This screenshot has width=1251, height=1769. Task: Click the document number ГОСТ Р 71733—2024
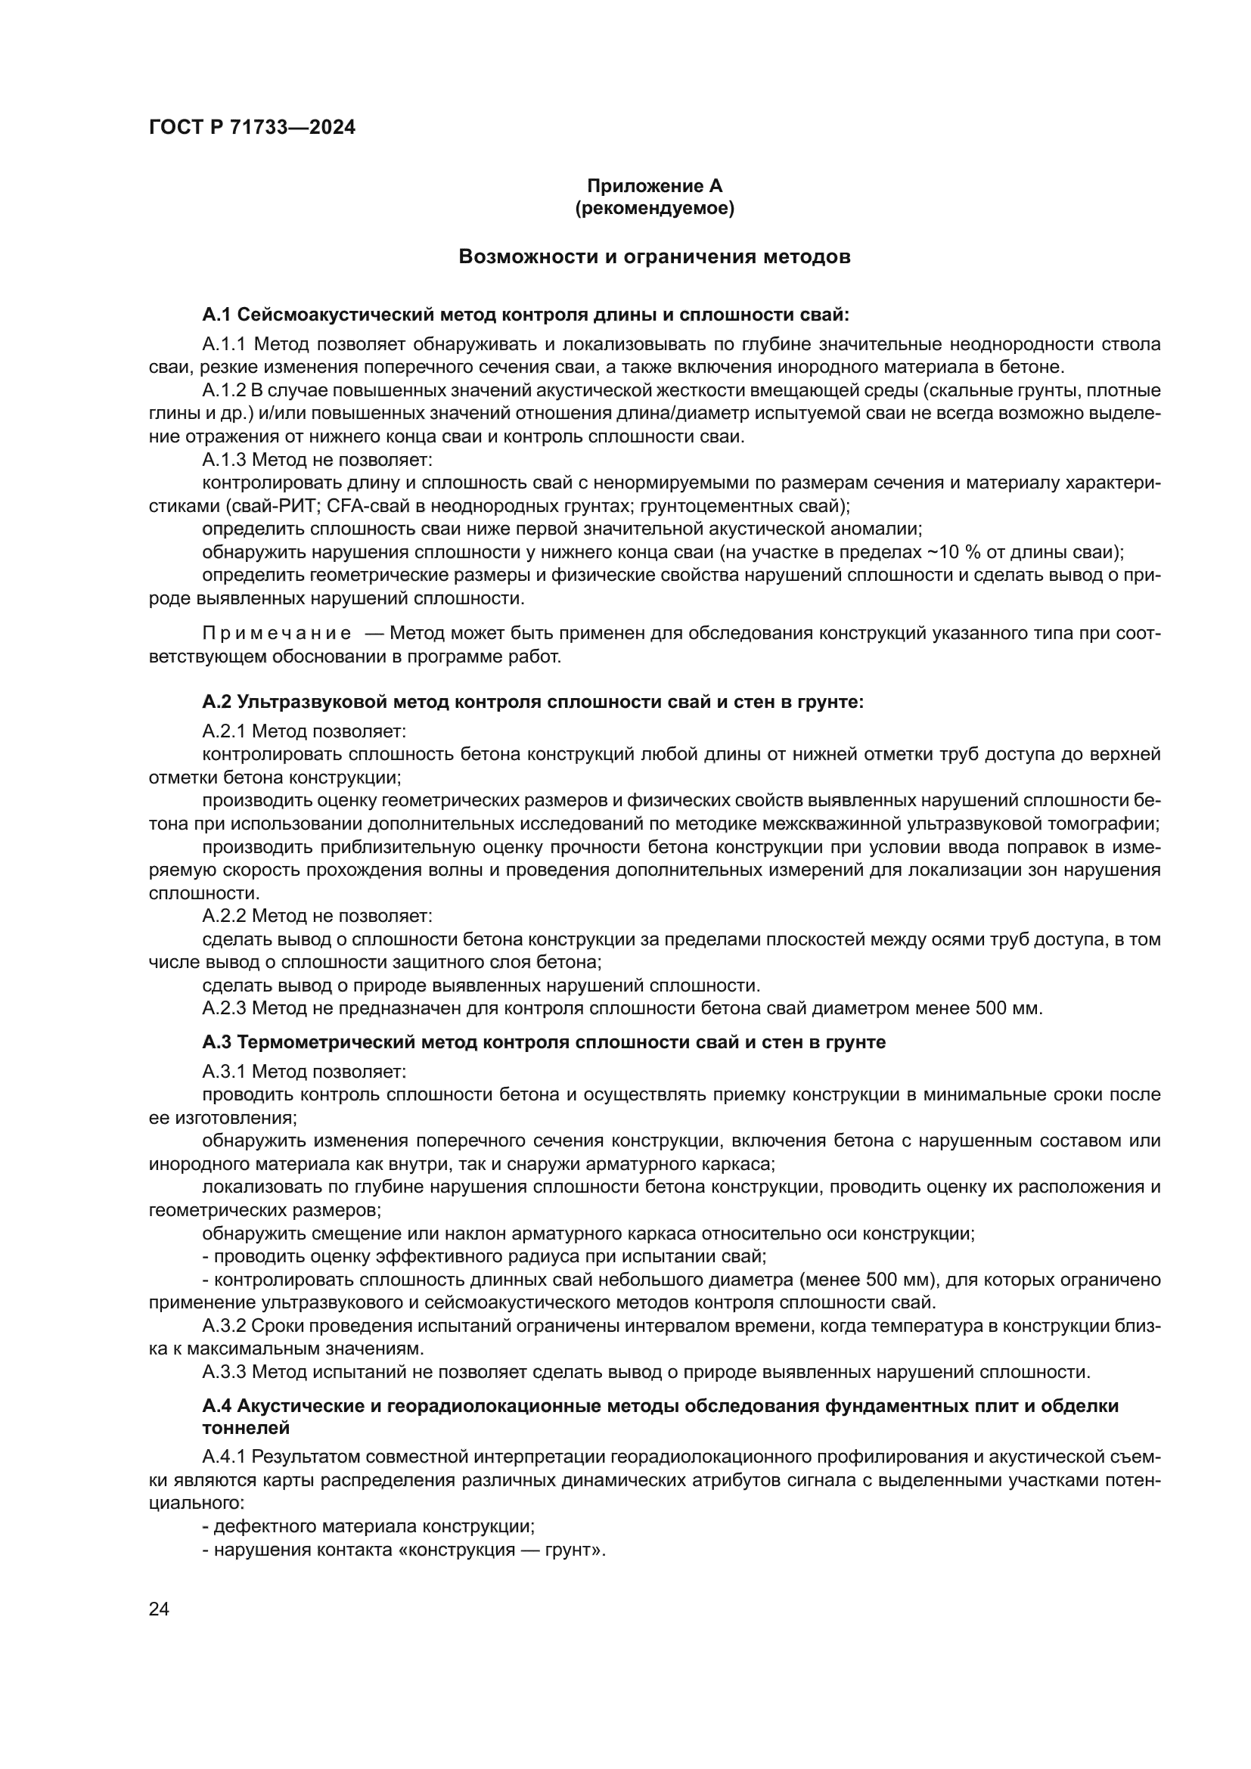(252, 128)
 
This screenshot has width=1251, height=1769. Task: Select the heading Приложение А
(655, 186)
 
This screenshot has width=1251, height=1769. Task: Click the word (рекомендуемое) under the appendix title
(655, 208)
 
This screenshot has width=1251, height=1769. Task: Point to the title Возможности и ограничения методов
(654, 256)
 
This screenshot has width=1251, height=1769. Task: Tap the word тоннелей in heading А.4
(246, 1429)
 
